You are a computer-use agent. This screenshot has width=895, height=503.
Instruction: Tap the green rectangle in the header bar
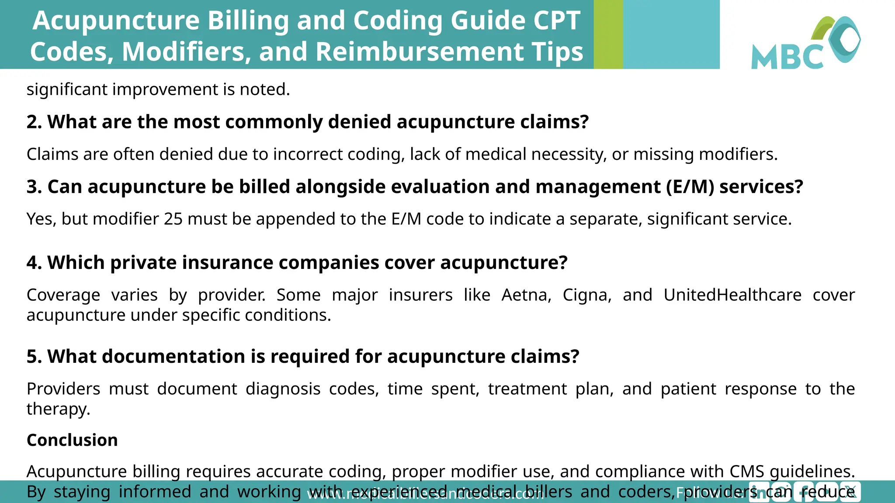click(x=608, y=34)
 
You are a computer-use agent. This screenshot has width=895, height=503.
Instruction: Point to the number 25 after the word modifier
click(x=173, y=219)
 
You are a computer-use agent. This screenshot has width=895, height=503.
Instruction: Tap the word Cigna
click(x=586, y=295)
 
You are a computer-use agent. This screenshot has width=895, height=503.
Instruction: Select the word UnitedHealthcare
click(x=732, y=295)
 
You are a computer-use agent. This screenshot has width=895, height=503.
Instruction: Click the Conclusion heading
click(x=72, y=440)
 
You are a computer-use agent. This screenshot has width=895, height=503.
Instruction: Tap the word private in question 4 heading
click(x=143, y=263)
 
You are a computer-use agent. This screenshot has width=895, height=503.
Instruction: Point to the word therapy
click(x=58, y=409)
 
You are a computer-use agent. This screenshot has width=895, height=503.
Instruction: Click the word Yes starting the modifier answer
click(x=41, y=219)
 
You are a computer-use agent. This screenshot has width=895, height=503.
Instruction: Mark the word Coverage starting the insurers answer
click(x=63, y=295)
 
